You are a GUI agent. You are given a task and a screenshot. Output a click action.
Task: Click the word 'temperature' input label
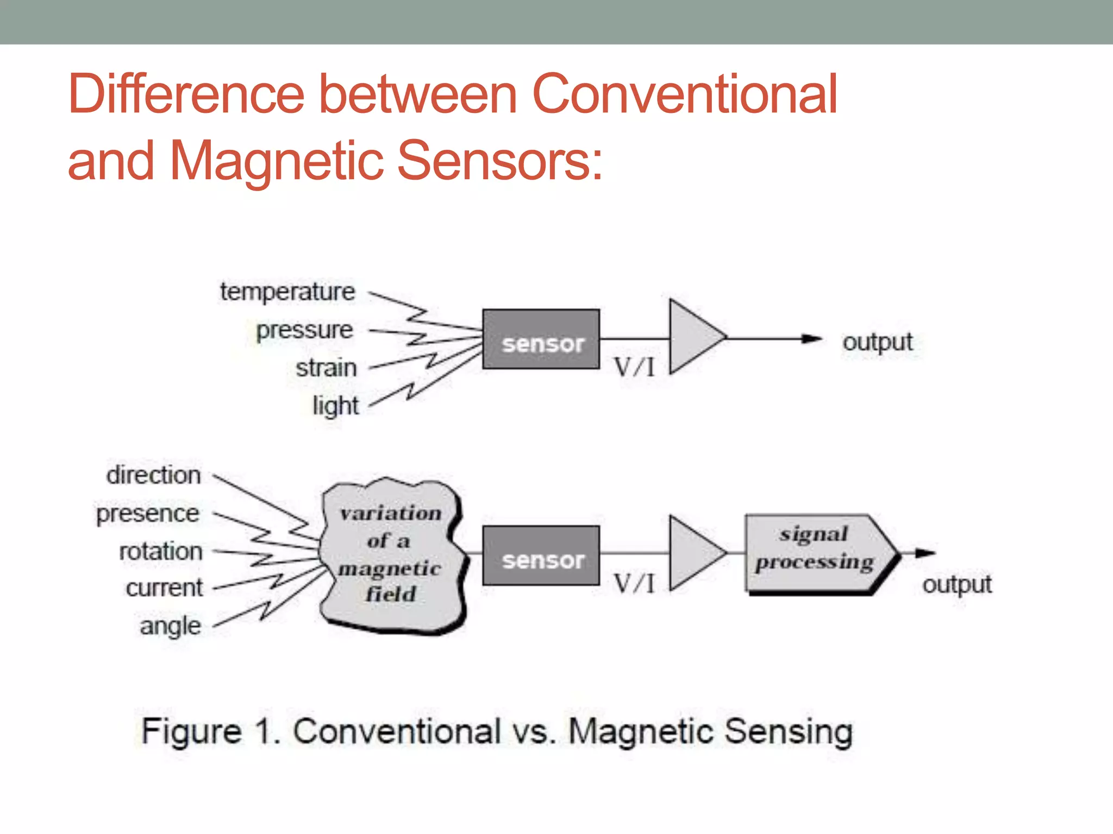pyautogui.click(x=287, y=292)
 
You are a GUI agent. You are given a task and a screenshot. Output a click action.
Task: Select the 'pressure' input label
pyautogui.click(x=304, y=330)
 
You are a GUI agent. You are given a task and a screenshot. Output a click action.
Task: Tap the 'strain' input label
pyautogui.click(x=326, y=368)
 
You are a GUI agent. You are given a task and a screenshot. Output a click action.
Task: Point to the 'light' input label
pyautogui.click(x=335, y=406)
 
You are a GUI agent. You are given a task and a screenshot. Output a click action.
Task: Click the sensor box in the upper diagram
pyautogui.click(x=541, y=339)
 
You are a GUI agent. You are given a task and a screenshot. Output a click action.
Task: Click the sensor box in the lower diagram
pyautogui.click(x=541, y=555)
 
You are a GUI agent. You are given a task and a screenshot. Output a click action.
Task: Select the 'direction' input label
pyautogui.click(x=154, y=475)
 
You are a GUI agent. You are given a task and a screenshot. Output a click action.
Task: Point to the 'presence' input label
pyautogui.click(x=148, y=514)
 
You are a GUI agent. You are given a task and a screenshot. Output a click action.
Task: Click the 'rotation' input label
pyautogui.click(x=161, y=552)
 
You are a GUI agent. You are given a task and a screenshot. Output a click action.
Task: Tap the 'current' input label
pyautogui.click(x=164, y=588)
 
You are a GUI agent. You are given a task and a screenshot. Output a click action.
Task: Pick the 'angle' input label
pyautogui.click(x=171, y=626)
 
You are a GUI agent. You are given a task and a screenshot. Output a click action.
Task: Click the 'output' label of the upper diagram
pyautogui.click(x=877, y=343)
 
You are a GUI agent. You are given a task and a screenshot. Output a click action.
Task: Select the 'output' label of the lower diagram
pyautogui.click(x=956, y=585)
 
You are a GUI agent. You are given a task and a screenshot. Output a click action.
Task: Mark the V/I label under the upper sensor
pyautogui.click(x=634, y=368)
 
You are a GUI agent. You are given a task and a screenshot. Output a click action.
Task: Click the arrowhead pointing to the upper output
pyautogui.click(x=812, y=339)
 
